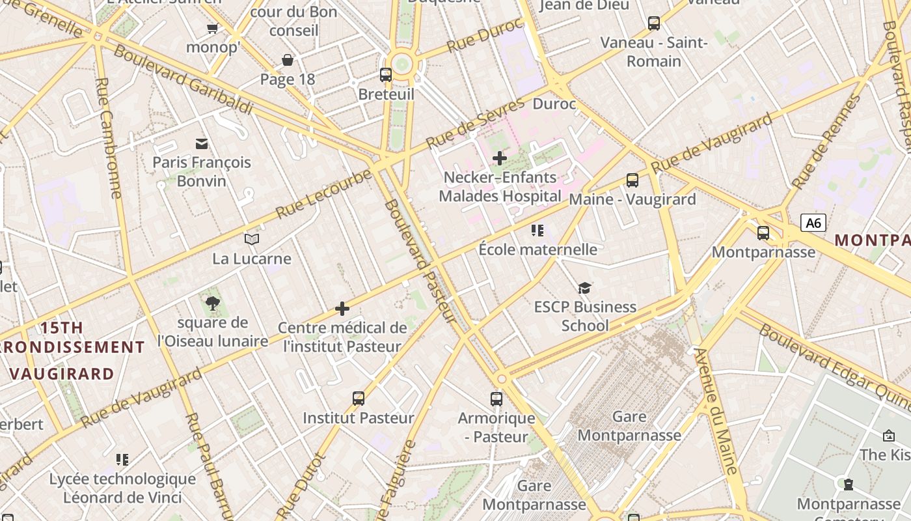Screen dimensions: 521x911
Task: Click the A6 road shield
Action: tap(813, 223)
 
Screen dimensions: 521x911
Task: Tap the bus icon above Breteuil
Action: tap(386, 74)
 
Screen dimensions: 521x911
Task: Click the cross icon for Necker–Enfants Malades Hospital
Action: tap(500, 158)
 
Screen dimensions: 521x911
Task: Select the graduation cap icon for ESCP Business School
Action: tap(585, 288)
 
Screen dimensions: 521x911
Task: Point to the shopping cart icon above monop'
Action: tap(212, 27)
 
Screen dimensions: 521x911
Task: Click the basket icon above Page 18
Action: tap(288, 60)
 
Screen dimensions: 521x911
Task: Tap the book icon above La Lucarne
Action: tap(252, 239)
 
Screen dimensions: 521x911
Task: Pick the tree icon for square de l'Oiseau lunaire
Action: tap(212, 303)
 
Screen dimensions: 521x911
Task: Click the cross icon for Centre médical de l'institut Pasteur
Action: tap(342, 309)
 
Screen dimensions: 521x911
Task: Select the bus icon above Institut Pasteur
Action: tap(359, 398)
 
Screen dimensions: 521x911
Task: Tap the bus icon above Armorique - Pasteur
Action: tap(496, 399)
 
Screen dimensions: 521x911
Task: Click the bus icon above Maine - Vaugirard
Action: tap(632, 180)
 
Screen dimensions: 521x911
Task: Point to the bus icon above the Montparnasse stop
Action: tap(763, 232)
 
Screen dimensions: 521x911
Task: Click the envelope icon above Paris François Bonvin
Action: tap(202, 143)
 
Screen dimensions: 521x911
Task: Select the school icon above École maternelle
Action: tap(537, 230)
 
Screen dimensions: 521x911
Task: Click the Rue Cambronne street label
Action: tap(107, 137)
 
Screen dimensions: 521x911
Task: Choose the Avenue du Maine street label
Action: tap(716, 411)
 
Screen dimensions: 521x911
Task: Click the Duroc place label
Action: tap(554, 104)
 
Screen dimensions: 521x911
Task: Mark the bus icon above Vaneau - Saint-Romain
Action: tap(654, 23)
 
